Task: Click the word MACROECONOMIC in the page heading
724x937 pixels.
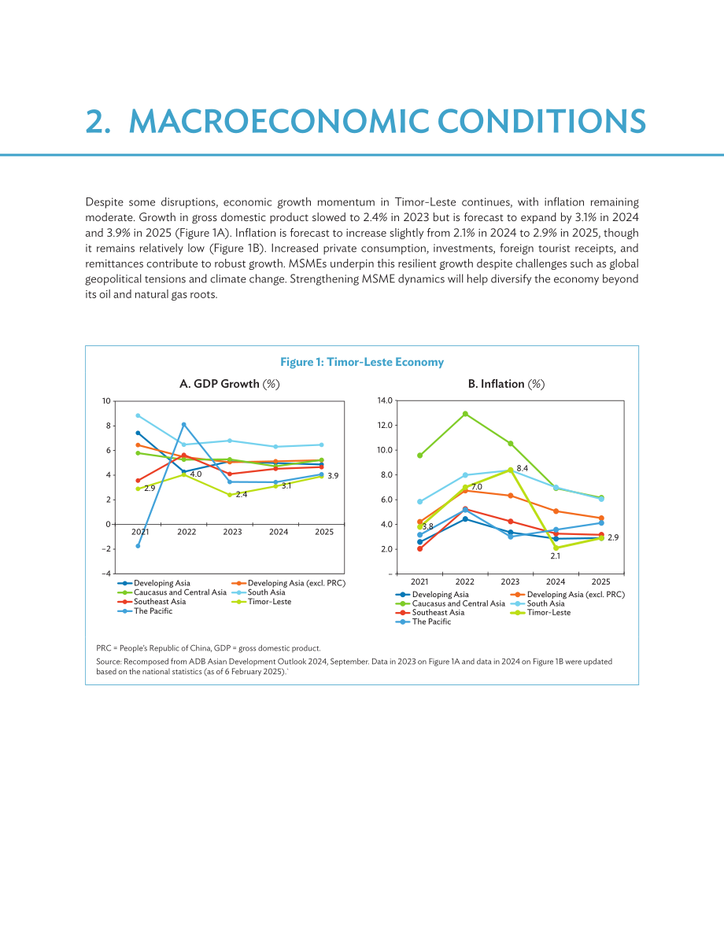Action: pyautogui.click(x=279, y=121)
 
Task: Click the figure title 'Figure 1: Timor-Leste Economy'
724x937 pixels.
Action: pyautogui.click(x=362, y=362)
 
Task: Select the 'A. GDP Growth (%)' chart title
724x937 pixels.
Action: pyautogui.click(x=230, y=384)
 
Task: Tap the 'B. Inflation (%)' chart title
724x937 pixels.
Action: pyautogui.click(x=506, y=384)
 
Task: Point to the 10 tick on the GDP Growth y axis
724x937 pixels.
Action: pyautogui.click(x=106, y=401)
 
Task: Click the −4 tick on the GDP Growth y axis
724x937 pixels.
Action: pyautogui.click(x=105, y=574)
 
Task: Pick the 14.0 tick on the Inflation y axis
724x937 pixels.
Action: pyautogui.click(x=385, y=400)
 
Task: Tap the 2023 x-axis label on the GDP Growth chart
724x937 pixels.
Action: pyautogui.click(x=233, y=532)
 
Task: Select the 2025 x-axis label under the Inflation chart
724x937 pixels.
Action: pyautogui.click(x=601, y=581)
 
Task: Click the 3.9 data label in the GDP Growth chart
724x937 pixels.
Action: pyautogui.click(x=333, y=476)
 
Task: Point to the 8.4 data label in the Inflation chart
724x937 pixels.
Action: pyautogui.click(x=523, y=469)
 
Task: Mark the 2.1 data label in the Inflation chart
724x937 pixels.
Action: pyautogui.click(x=556, y=555)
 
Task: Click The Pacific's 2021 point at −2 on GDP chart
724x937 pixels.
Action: pyautogui.click(x=138, y=545)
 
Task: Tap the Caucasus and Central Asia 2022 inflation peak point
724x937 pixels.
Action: pyautogui.click(x=465, y=414)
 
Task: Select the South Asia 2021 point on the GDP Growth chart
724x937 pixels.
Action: pyautogui.click(x=138, y=415)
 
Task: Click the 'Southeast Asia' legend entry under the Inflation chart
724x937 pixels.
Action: pyautogui.click(x=430, y=613)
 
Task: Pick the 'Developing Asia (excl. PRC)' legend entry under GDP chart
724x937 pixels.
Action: pyautogui.click(x=288, y=583)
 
